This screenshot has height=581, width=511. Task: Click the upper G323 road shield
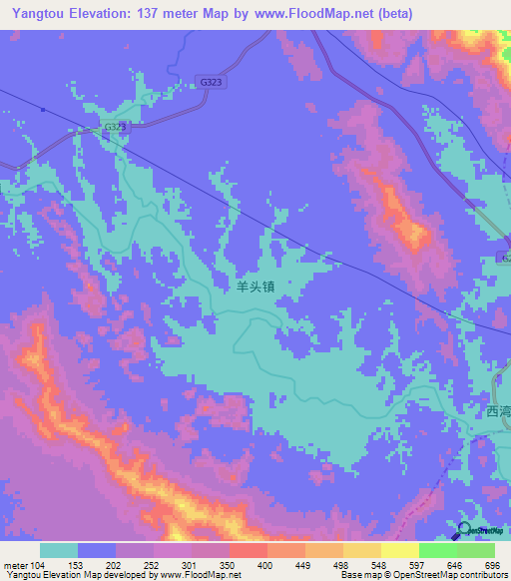pos(210,83)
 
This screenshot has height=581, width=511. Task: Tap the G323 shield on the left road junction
pos(116,128)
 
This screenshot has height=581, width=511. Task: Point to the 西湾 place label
pos(497,411)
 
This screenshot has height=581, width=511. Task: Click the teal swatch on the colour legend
pos(59,550)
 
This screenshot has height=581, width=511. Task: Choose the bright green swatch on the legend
pos(437,550)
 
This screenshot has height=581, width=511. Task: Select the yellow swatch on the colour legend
pos(361,550)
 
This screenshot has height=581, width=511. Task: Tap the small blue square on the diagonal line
pos(44,109)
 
